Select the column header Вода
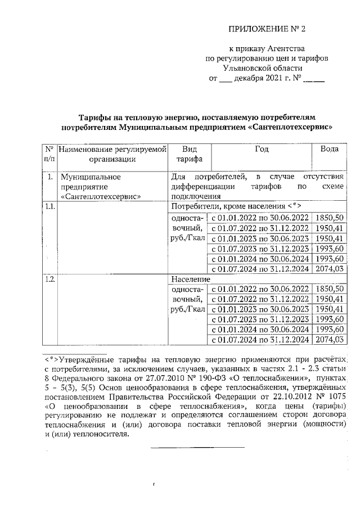pyautogui.click(x=329, y=149)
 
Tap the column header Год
pyautogui.click(x=261, y=149)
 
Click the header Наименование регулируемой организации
pyautogui.click(x=112, y=154)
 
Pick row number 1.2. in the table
pyautogui.click(x=49, y=279)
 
